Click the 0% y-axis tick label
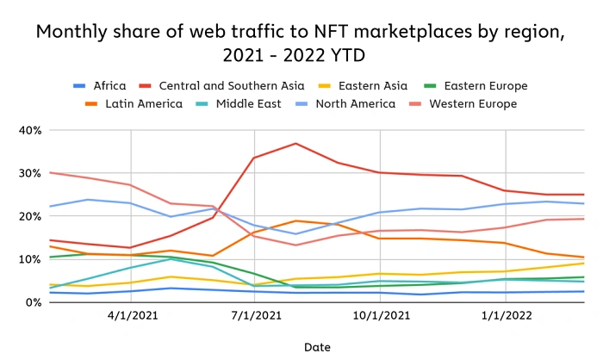click(x=33, y=302)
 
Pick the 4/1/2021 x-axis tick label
click(x=130, y=316)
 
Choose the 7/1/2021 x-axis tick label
click(x=255, y=316)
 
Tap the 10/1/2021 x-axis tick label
click(x=380, y=316)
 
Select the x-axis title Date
click(x=317, y=346)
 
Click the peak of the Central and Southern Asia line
click(x=295, y=143)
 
